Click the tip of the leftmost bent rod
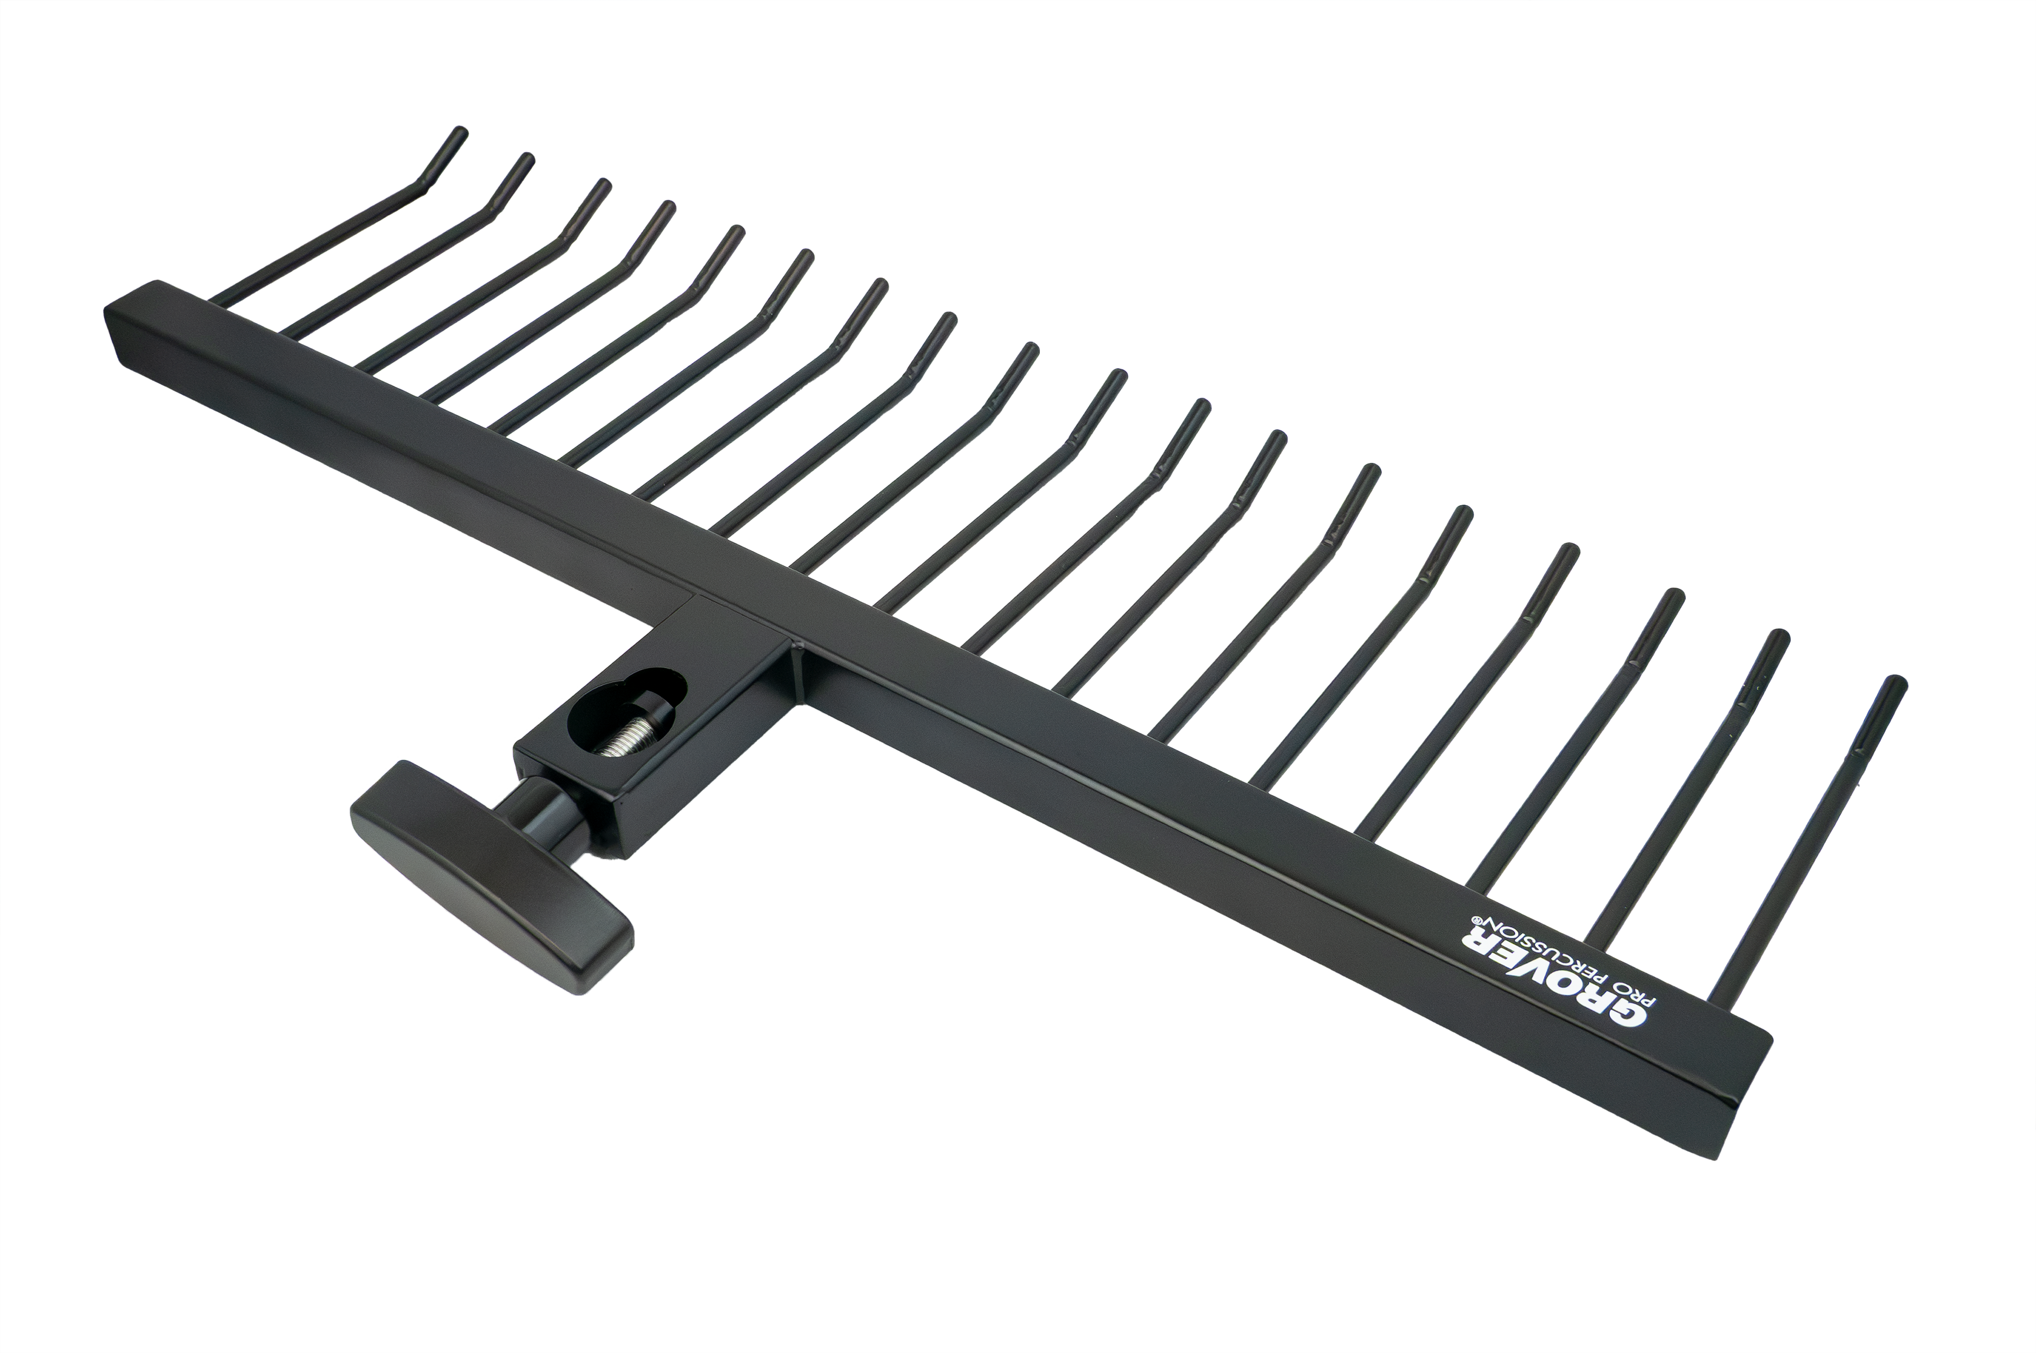[x=460, y=134]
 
